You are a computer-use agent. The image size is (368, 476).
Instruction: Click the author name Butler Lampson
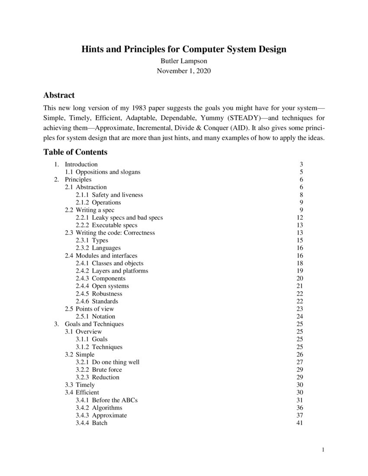[184, 61]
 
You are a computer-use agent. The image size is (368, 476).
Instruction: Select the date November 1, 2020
[184, 71]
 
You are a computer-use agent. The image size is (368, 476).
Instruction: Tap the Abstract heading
[59, 95]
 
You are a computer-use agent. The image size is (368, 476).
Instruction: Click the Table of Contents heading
[75, 152]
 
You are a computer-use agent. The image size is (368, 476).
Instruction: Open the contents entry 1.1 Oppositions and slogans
[108, 172]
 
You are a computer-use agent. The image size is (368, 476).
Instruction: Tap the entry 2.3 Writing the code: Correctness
[116, 233]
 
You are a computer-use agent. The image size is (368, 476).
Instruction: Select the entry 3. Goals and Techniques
[94, 324]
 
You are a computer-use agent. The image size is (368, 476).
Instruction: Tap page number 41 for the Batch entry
[299, 423]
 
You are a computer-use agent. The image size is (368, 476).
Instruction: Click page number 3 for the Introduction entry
[301, 164]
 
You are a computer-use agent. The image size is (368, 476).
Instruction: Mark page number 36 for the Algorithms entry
[299, 408]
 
